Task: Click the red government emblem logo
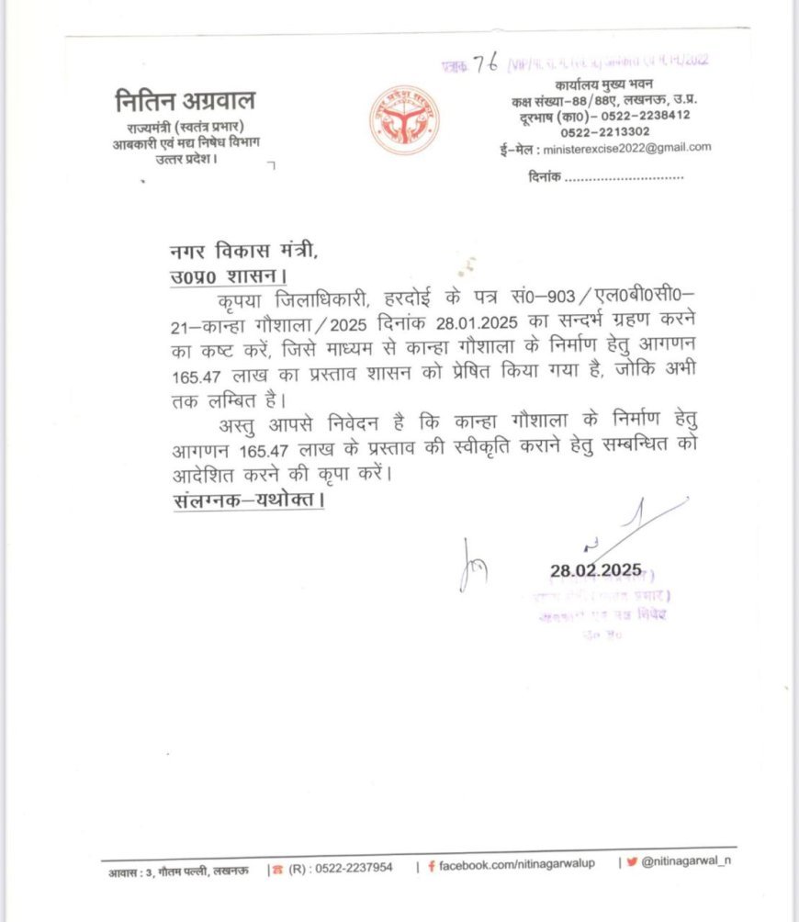(x=404, y=120)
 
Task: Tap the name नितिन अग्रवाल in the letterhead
(x=186, y=100)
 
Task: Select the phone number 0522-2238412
(x=642, y=115)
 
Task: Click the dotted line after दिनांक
(x=624, y=175)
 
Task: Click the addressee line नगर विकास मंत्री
(x=246, y=252)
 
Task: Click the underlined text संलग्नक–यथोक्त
(x=248, y=502)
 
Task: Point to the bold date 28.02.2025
(x=596, y=570)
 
